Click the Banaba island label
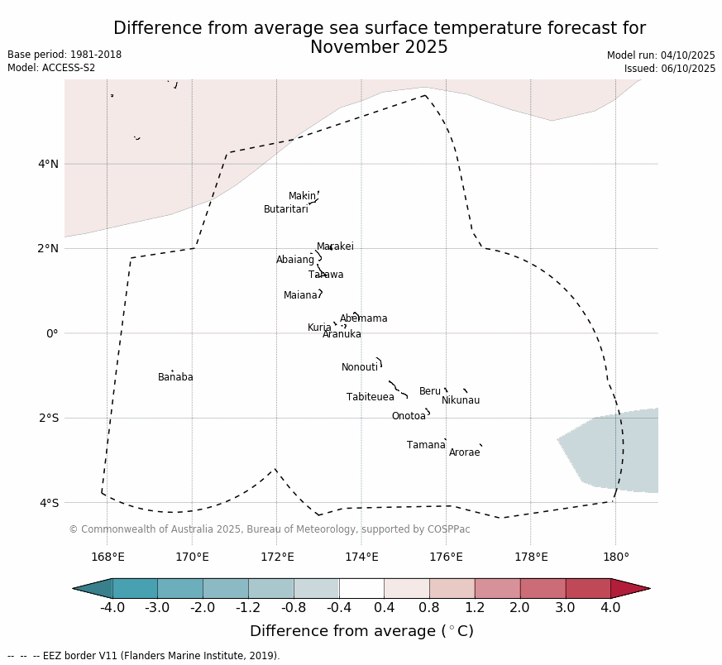tap(175, 377)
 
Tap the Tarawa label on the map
tap(326, 275)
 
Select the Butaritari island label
tap(285, 209)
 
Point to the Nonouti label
tap(360, 367)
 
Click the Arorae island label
tap(464, 452)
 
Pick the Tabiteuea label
tap(370, 397)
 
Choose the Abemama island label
tap(363, 318)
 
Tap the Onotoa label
tap(409, 416)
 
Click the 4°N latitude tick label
tap(48, 164)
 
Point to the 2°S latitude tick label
tap(48, 418)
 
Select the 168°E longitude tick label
tap(108, 557)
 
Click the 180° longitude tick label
tap(615, 557)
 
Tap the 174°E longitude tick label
tap(361, 557)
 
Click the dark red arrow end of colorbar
tap(630, 588)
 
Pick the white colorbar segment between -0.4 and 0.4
tap(361, 588)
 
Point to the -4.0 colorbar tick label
tap(112, 608)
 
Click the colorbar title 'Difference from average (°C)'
tap(361, 631)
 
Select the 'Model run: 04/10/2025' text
tap(661, 55)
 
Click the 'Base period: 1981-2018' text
tap(65, 55)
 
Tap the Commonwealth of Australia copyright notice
tap(269, 529)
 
